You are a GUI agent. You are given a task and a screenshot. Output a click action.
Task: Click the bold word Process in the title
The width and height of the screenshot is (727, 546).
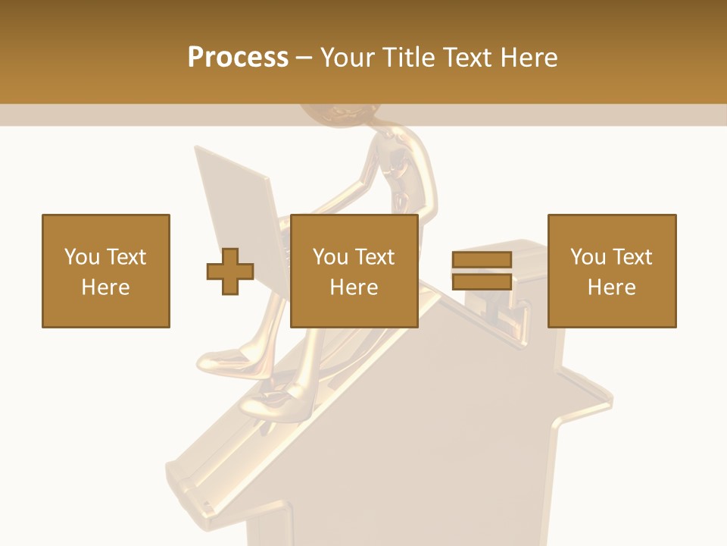[x=238, y=58]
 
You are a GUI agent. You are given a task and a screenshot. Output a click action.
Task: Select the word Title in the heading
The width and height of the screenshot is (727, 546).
[x=407, y=58]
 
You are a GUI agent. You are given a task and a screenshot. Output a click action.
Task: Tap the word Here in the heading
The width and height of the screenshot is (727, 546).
[x=528, y=58]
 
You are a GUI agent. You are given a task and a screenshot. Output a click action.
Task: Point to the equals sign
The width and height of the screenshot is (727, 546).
[x=482, y=271]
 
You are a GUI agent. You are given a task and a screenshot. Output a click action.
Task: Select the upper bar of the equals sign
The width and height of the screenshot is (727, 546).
[x=482, y=260]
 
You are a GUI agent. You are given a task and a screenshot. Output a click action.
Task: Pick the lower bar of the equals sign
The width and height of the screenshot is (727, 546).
[x=482, y=281]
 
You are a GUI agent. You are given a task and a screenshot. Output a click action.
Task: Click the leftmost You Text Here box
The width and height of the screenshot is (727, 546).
[x=106, y=271]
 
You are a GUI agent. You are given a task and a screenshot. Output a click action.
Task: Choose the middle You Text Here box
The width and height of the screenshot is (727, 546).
[x=354, y=271]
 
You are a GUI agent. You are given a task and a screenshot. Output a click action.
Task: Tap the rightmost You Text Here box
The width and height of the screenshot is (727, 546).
[x=612, y=271]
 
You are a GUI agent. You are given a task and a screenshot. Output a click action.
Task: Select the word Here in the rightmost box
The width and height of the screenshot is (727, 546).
[x=612, y=287]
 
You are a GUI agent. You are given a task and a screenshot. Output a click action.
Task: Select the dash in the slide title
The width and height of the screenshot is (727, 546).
[x=304, y=58]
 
